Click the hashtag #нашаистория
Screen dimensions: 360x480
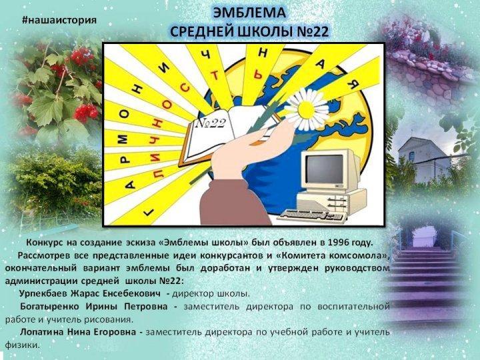[x=59, y=19]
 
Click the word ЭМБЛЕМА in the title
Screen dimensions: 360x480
[x=251, y=13]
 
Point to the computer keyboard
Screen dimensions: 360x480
[x=314, y=215]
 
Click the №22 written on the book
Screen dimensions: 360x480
[x=211, y=124]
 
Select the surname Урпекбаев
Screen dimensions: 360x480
[x=48, y=293]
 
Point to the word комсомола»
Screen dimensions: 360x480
[x=359, y=255]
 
